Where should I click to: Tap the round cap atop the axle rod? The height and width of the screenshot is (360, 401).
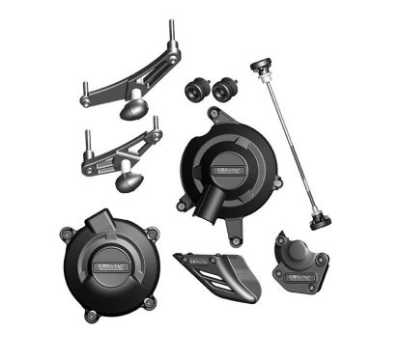click(x=260, y=67)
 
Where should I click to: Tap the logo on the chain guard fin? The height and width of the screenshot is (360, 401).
click(x=197, y=260)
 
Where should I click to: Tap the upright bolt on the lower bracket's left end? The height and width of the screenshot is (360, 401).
click(x=88, y=139)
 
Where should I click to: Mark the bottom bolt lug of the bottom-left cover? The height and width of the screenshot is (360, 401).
click(x=91, y=316)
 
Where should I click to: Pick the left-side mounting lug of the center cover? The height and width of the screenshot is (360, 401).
click(x=182, y=205)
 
